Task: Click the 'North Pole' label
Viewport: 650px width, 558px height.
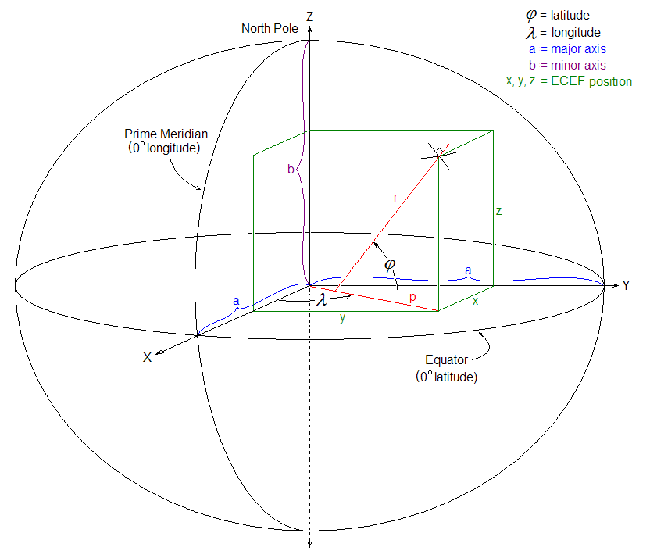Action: point(270,29)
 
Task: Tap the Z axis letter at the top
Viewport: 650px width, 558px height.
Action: point(309,16)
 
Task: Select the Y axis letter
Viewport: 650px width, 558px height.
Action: point(626,285)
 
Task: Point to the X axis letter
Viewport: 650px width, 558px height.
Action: point(147,357)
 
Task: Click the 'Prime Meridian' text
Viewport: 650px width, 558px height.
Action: point(166,134)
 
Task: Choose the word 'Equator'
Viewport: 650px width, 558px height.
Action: point(446,359)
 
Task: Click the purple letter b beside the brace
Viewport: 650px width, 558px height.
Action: point(291,169)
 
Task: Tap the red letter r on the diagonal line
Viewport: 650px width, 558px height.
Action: point(395,199)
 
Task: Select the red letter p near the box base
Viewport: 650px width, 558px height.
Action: point(412,297)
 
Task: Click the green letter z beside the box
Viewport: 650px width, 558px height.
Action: point(498,212)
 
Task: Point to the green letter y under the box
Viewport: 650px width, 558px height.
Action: point(342,317)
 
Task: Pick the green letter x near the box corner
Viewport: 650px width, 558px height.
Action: point(476,301)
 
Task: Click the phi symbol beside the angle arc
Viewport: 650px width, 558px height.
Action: point(390,264)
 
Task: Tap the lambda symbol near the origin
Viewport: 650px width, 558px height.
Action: point(322,299)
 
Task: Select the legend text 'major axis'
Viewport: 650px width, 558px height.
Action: point(578,49)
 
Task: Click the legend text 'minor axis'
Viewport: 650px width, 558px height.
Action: point(578,65)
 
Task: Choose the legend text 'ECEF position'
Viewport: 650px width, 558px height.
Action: point(591,81)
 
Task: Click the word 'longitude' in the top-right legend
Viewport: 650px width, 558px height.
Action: point(576,32)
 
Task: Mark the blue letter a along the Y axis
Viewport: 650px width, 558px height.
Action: point(468,270)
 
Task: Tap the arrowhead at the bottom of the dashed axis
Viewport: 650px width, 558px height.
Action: point(309,544)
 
